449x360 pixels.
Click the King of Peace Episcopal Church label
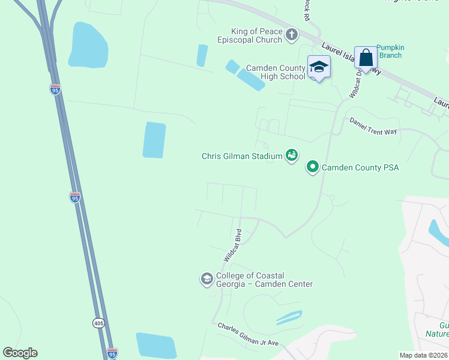(250, 36)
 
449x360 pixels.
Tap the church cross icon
(292, 35)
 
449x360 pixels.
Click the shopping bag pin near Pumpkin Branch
(365, 58)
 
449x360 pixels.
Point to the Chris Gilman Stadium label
(242, 157)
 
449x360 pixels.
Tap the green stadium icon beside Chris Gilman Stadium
(292, 156)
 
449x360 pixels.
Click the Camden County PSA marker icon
(313, 167)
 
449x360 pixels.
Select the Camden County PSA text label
(361, 167)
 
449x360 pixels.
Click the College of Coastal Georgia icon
(206, 279)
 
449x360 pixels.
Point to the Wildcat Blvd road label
(232, 244)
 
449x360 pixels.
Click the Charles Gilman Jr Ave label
(248, 335)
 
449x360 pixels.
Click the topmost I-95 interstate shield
(55, 89)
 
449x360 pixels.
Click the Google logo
(20, 353)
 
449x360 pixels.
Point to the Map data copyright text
(424, 355)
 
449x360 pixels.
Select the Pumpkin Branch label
(389, 52)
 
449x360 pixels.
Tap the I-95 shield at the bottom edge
(112, 353)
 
